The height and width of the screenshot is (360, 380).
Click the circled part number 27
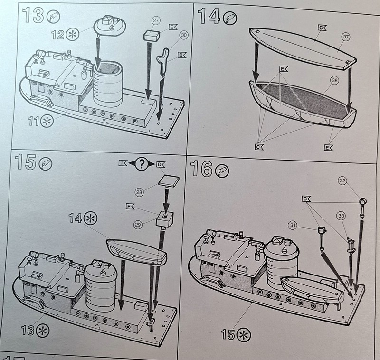click(155, 20)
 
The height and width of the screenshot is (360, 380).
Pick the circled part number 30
click(184, 35)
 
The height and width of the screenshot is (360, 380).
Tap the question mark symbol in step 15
click(141, 164)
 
